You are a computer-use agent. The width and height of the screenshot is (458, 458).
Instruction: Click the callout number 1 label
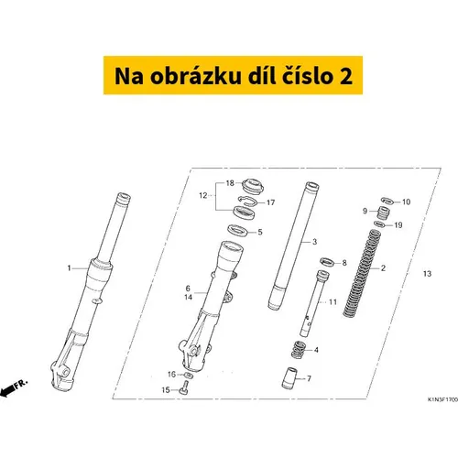click(x=69, y=268)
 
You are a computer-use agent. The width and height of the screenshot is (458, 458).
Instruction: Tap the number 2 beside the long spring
click(x=383, y=268)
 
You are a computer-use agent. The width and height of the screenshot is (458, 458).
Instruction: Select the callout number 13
click(x=427, y=274)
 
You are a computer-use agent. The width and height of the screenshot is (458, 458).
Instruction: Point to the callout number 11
click(x=333, y=302)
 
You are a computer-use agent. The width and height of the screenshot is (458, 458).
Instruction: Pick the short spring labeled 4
click(x=299, y=349)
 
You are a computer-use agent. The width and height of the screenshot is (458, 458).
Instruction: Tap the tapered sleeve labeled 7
click(x=289, y=378)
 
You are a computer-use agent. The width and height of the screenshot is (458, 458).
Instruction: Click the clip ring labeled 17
click(x=247, y=201)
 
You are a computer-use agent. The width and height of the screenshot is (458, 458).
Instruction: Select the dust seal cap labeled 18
click(x=253, y=186)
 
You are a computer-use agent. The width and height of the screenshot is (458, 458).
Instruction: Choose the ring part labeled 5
click(x=238, y=230)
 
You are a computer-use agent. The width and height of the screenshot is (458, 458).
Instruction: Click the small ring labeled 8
click(x=327, y=262)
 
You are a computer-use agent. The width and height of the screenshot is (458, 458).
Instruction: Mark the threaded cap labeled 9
click(x=383, y=212)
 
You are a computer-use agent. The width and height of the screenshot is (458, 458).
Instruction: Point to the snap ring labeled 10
click(x=387, y=201)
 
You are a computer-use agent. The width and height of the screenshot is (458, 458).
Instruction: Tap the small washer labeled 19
click(x=379, y=224)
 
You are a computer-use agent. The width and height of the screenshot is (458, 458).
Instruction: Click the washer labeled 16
click(x=189, y=375)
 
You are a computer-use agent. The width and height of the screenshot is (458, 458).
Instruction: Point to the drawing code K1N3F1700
click(x=442, y=399)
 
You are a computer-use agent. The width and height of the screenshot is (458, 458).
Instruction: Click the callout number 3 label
click(x=315, y=242)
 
